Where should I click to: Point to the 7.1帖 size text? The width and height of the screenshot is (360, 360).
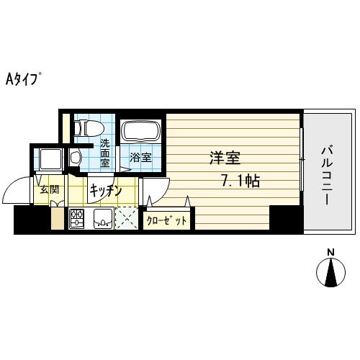240,181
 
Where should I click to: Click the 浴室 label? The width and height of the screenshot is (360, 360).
140,158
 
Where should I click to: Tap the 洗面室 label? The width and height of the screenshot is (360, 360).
105,153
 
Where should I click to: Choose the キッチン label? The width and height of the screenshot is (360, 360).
105,191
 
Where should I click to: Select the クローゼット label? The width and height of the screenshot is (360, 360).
167,221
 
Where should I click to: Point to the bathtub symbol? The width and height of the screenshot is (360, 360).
140,132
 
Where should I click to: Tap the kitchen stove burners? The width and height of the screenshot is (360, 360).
77,219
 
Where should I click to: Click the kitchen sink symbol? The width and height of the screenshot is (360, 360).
102,219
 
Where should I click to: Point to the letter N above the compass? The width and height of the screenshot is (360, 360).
331,251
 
